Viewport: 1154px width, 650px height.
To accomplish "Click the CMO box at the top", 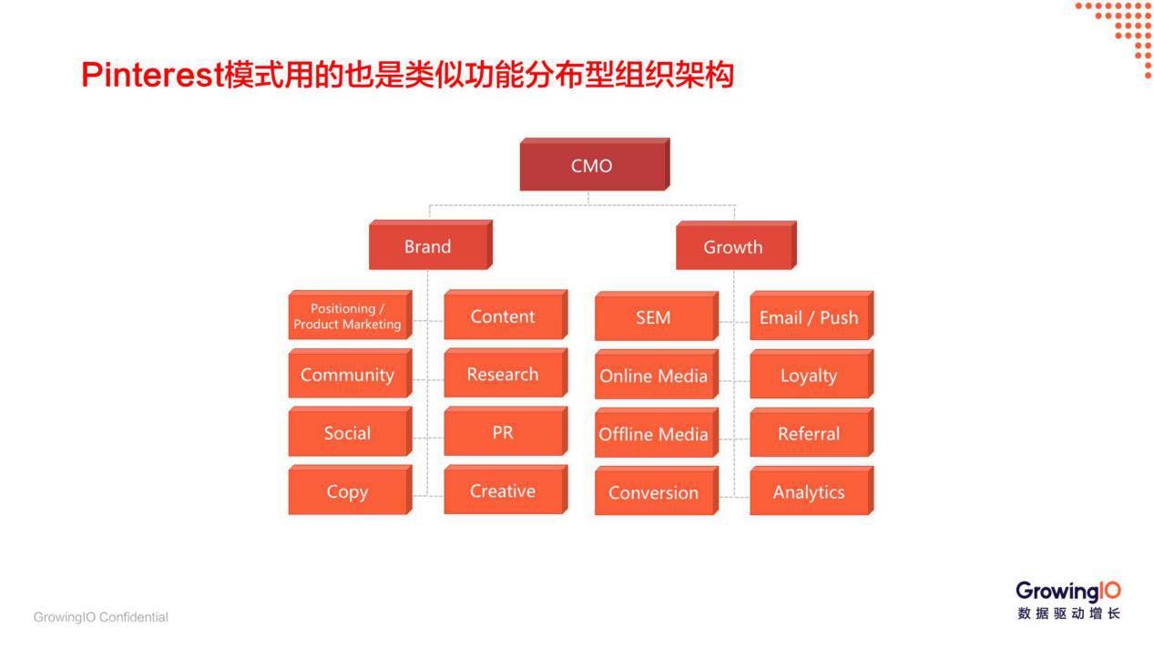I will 592,166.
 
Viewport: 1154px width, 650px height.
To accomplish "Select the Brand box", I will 428,247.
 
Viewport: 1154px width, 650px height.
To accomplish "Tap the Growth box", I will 733,247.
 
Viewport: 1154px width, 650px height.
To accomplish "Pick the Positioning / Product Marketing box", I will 347,316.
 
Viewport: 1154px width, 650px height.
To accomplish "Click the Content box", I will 503,316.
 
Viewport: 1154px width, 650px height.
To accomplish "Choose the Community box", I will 347,375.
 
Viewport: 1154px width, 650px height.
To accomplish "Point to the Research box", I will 503,375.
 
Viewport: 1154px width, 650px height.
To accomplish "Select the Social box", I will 347,433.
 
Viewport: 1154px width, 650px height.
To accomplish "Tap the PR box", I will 503,432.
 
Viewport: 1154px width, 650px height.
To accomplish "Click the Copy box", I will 347,491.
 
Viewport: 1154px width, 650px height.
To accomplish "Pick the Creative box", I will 503,490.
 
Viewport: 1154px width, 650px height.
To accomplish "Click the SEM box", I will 653,317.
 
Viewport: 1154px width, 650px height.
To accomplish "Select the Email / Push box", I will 809,317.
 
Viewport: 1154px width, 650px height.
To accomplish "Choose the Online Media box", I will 653,376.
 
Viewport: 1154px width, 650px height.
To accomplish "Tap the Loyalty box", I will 809,376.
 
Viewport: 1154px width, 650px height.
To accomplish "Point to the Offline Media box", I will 653,434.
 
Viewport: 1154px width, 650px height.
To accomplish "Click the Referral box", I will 809,434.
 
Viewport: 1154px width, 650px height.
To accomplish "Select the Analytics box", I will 809,492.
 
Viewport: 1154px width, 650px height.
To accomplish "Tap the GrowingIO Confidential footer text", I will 101,617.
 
